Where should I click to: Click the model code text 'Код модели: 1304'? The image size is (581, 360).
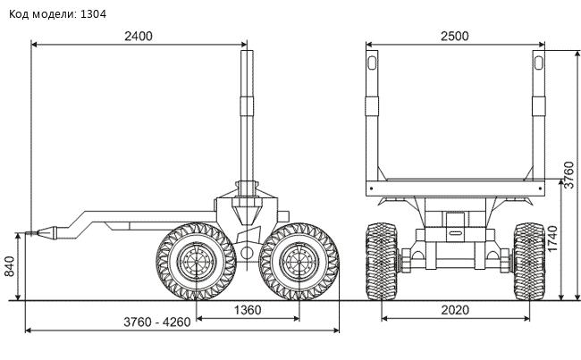(57, 14)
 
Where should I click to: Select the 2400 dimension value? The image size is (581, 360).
(139, 37)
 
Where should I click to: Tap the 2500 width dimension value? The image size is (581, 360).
(455, 37)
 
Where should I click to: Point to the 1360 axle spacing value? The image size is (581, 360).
(248, 310)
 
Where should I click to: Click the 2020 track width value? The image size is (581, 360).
(455, 310)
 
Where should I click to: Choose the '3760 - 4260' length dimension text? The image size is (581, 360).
(157, 322)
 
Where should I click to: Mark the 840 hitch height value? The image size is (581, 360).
(9, 266)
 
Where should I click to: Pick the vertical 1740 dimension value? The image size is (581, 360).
(552, 239)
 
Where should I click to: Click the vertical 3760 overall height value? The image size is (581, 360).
(568, 175)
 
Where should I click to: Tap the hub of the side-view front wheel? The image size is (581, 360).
(196, 262)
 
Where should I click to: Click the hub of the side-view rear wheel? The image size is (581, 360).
(299, 262)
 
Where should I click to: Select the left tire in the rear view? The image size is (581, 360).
(382, 262)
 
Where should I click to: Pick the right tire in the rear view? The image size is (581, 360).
(529, 262)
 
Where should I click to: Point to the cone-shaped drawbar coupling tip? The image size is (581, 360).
(46, 232)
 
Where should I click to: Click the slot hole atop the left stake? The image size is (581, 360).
(372, 63)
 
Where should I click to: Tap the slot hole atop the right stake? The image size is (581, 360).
(539, 63)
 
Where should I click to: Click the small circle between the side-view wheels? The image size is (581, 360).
(247, 254)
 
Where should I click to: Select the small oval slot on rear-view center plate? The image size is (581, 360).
(455, 233)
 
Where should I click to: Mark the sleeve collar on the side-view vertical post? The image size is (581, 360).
(247, 106)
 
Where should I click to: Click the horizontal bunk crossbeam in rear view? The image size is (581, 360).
(455, 188)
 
